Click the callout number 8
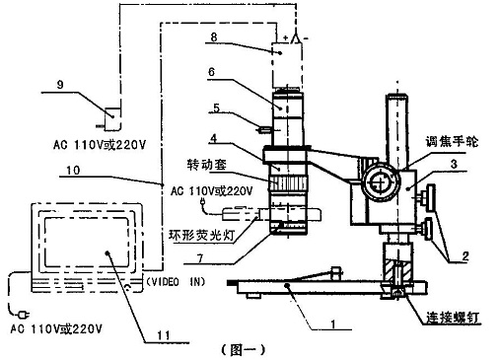click(214, 36)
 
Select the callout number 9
click(60, 85)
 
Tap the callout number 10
click(73, 170)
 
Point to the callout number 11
click(164, 335)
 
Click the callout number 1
click(333, 324)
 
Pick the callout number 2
click(465, 255)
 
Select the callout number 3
click(454, 164)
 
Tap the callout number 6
click(211, 72)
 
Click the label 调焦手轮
click(452, 142)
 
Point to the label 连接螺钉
click(453, 318)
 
